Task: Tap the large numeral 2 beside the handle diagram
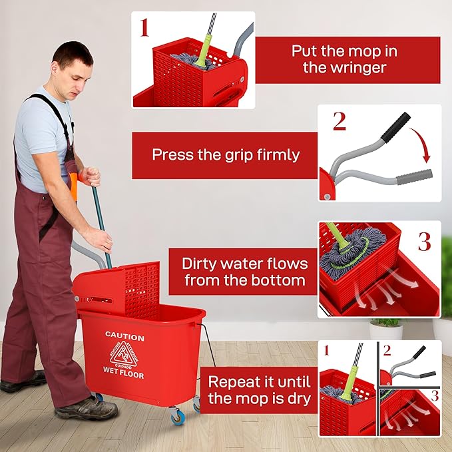point(339,120)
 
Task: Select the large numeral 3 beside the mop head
point(424,241)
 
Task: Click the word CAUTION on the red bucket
point(124,338)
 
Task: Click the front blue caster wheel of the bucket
point(176,417)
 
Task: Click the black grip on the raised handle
point(399,122)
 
